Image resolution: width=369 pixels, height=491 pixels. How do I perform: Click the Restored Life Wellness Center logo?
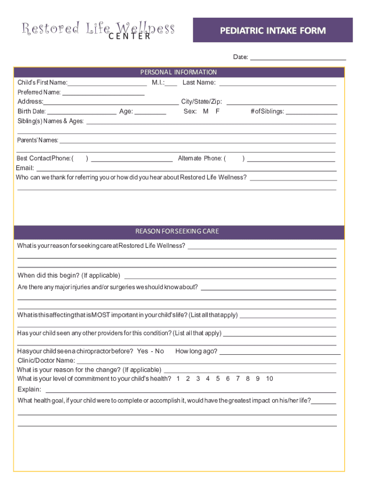[98, 30]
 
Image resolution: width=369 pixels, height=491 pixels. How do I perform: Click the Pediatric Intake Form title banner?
[273, 31]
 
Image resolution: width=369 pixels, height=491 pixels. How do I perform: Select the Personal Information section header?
[179, 72]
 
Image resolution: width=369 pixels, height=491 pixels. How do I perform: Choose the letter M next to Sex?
[206, 112]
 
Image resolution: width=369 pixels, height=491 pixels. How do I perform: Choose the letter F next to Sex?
[218, 112]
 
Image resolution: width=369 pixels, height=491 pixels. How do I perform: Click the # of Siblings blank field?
[311, 112]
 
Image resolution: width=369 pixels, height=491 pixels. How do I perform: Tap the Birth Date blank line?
[82, 112]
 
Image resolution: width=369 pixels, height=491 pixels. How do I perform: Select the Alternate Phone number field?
[290, 159]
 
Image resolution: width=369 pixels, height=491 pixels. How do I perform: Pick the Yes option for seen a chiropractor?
[142, 351]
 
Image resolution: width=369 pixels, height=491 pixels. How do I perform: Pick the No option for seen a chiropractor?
[160, 351]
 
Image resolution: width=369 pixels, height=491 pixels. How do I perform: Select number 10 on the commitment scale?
[269, 379]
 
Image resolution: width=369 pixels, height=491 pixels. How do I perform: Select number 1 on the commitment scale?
[178, 379]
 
